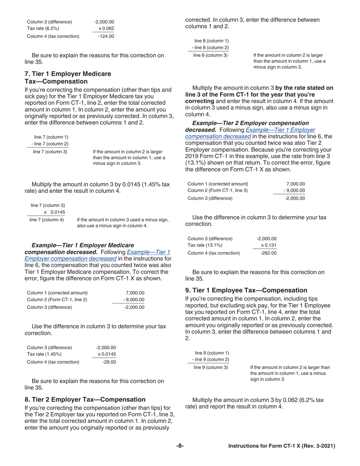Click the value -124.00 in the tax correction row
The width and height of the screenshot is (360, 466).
106,36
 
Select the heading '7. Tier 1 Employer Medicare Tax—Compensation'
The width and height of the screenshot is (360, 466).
68,77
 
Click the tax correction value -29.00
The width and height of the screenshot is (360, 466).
109,362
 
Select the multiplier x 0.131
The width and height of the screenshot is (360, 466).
269,246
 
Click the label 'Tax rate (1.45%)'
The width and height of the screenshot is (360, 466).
44,354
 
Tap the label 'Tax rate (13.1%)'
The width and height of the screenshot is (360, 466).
205,246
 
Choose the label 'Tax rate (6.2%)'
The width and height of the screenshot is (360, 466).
43,28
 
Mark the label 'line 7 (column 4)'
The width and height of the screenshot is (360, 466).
47,219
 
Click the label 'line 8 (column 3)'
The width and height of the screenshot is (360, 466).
211,55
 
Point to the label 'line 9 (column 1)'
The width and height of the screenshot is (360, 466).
211,353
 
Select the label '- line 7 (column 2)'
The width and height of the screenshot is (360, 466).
50,144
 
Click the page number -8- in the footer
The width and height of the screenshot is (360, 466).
180,446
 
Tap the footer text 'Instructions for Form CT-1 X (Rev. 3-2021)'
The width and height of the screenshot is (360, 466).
282,446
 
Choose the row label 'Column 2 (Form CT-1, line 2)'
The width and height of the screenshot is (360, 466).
57,300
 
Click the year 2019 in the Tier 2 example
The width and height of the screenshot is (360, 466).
192,155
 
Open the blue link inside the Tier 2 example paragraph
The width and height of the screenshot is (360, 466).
250,133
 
